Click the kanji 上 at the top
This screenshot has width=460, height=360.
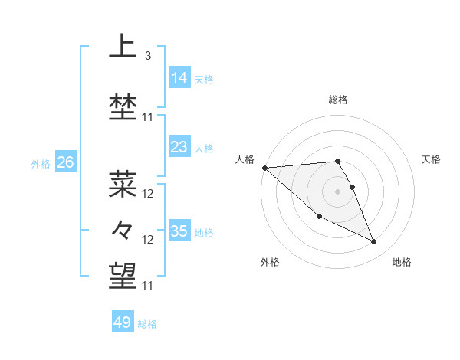123,47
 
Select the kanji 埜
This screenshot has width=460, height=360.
123,107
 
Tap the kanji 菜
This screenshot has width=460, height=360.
123,184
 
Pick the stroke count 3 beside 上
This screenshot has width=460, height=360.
147,56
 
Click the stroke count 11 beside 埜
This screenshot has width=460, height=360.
148,117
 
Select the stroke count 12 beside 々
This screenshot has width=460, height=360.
148,240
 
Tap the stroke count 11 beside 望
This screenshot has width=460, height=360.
148,286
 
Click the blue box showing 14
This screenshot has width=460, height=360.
179,77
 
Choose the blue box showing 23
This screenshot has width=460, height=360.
179,147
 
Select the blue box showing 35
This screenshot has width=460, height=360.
179,231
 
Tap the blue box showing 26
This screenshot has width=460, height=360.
65,162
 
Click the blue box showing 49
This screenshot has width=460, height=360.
122,322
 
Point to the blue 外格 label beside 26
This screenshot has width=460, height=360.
41,163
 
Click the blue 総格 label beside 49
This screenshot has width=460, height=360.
147,324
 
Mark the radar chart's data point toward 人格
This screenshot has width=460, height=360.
264,168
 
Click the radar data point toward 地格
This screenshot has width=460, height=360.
374,242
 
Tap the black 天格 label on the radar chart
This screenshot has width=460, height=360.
431,159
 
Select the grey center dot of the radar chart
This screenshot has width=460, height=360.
338,191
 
